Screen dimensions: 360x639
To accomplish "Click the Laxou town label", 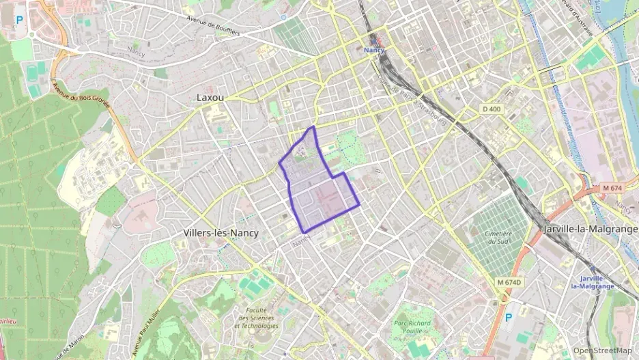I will click(210, 98).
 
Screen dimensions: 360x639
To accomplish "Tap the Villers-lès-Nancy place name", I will click(221, 233).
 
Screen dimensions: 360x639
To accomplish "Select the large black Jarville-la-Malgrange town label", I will click(590, 230).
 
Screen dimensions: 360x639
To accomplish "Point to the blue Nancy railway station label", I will click(374, 50).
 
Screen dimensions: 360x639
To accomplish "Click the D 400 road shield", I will click(491, 109).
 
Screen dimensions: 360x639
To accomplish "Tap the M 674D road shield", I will click(509, 283).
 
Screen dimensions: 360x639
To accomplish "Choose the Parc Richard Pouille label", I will click(412, 327).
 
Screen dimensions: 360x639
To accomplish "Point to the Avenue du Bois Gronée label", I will click(81, 95).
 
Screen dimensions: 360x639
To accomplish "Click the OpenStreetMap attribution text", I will click(602, 350).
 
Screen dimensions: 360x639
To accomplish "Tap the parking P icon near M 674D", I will click(507, 318).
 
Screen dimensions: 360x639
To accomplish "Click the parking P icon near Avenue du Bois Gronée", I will click(19, 20).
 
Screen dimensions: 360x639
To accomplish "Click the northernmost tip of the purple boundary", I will click(313, 126).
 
